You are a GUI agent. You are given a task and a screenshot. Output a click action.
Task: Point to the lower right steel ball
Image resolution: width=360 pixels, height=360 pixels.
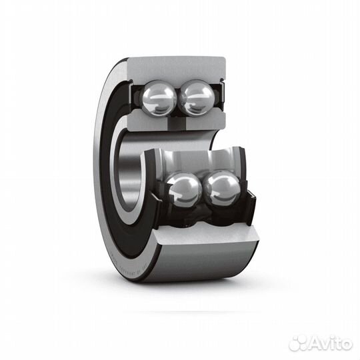(x=222, y=188)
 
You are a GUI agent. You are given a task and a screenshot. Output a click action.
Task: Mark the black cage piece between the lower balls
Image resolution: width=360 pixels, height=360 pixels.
(x=203, y=193)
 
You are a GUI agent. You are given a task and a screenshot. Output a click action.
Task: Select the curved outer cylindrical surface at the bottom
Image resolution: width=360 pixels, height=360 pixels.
(x=200, y=263)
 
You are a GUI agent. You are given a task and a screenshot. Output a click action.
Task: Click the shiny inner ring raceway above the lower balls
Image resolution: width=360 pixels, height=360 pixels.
(x=193, y=160)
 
